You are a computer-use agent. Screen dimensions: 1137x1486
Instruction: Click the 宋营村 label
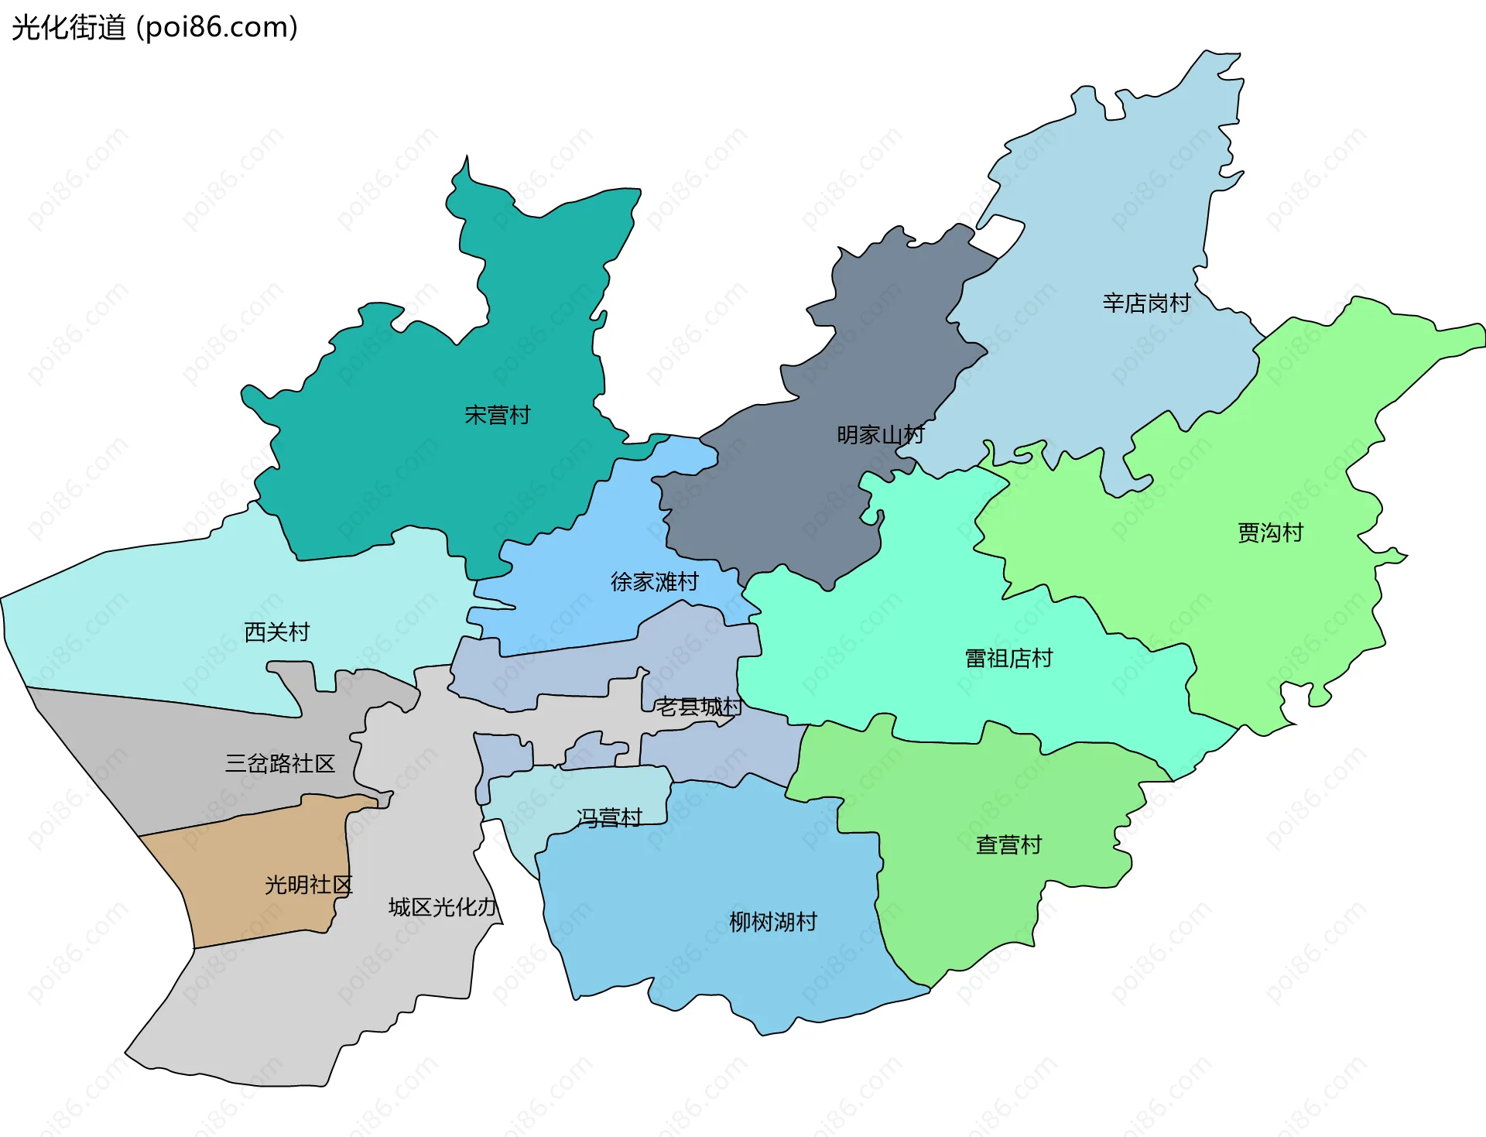coord(497,416)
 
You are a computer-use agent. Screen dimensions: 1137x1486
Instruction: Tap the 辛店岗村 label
coord(1146,303)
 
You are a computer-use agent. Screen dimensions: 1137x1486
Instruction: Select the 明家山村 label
coord(880,435)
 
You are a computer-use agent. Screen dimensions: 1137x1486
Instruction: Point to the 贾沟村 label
coord(1270,533)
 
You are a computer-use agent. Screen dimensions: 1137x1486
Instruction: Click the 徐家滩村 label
coord(654,581)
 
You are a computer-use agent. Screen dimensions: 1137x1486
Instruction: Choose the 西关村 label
coord(276,632)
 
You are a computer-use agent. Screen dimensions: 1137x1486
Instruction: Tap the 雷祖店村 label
coord(1008,659)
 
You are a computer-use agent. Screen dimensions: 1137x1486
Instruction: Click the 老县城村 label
coord(699,707)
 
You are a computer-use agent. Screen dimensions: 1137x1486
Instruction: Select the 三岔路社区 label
coord(279,764)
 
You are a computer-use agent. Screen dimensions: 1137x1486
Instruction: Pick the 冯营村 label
coord(609,817)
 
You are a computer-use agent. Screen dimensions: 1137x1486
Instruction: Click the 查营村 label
coord(1008,844)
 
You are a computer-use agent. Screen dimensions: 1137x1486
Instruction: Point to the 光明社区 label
coord(308,885)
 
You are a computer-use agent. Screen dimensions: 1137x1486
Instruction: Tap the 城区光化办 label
coord(442,907)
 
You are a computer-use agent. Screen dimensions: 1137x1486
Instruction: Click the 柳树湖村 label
coord(772,922)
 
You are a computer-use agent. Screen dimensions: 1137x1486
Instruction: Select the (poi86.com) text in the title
coord(217,28)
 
